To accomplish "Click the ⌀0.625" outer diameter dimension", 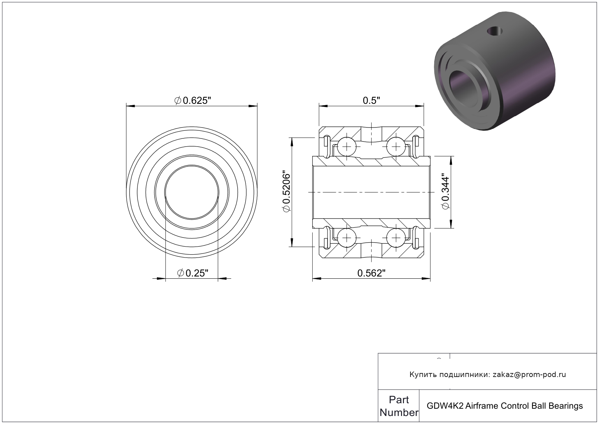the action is point(193,101).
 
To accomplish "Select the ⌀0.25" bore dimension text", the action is point(193,273).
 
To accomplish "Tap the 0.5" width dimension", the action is point(371,101).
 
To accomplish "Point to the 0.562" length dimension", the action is point(372,273).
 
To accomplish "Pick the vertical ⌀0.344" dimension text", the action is point(445,192).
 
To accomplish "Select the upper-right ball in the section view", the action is point(396,147).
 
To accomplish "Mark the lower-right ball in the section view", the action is point(396,238).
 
